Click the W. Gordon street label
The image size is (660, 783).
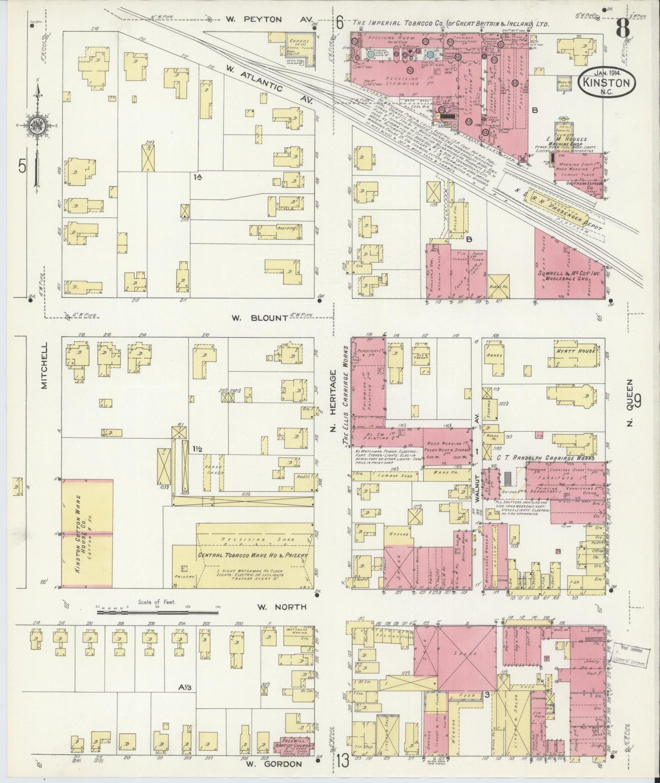coord(274,763)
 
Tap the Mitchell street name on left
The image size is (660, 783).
coord(44,372)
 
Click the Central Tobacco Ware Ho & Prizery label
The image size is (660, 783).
coord(253,555)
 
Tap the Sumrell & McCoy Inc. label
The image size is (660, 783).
coord(569,273)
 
